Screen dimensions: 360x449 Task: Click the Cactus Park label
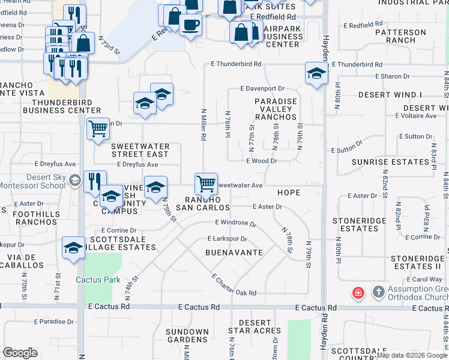point(98,280)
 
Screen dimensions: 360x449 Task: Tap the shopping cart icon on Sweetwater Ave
point(206,182)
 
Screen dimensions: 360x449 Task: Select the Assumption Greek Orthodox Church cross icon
point(378,292)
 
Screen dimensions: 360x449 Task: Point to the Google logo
point(20,353)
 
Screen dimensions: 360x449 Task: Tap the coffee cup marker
point(191,25)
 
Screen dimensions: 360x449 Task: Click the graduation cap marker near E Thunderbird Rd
point(316,73)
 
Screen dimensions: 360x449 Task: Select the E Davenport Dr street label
point(262,88)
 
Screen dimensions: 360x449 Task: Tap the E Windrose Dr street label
point(235,223)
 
